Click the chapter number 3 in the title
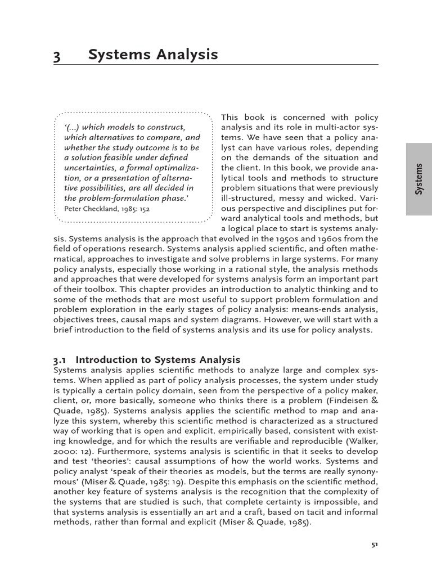point(57,55)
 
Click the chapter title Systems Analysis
point(152,55)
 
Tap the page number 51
point(375,544)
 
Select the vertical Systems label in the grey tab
point(418,179)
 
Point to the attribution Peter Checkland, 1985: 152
point(107,208)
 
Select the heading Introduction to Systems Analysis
point(158,359)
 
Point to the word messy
point(294,198)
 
